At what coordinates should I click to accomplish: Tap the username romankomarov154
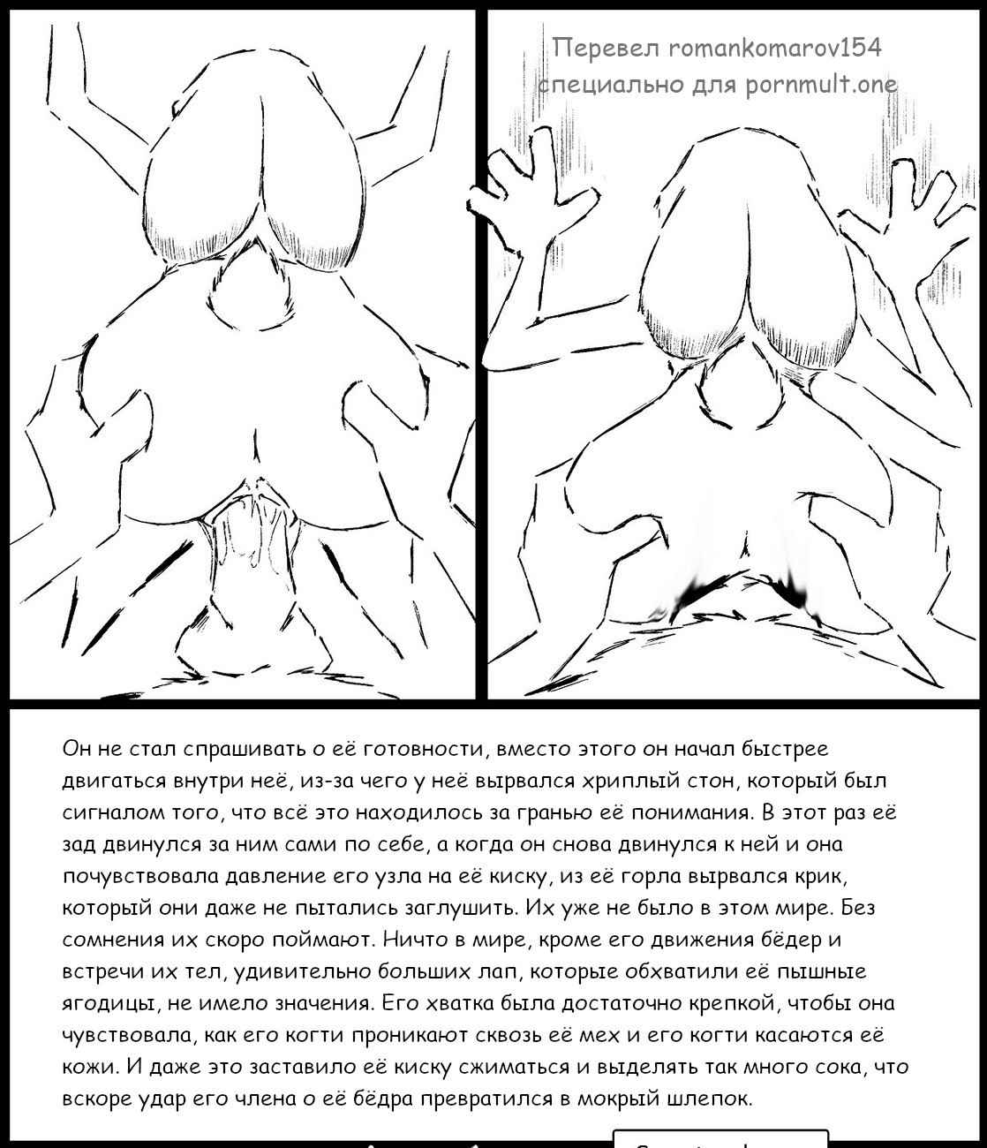pos(775,47)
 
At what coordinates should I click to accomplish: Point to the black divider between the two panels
pos(481,353)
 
